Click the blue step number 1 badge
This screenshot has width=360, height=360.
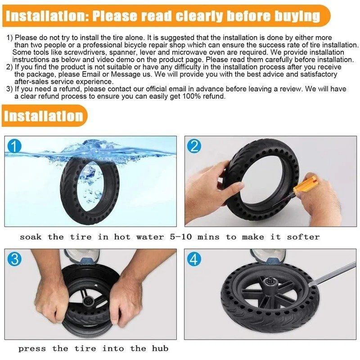[x=15, y=146]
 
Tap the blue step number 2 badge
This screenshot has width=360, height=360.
[x=195, y=146]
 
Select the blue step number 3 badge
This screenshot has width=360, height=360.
[x=15, y=259]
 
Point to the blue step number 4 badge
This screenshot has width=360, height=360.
[x=195, y=259]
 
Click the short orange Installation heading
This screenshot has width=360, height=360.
[x=44, y=116]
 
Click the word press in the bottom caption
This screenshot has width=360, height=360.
[x=32, y=349]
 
